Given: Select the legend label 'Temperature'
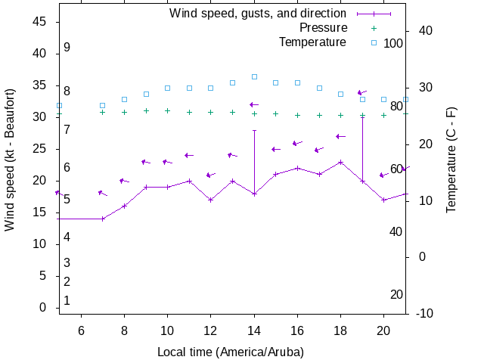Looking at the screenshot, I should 312,42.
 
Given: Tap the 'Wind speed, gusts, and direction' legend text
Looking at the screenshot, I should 257,13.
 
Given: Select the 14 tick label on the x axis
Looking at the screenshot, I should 254,330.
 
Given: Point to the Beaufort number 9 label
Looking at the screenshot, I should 67,47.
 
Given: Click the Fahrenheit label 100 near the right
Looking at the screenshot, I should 393,43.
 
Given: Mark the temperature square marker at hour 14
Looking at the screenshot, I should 254,76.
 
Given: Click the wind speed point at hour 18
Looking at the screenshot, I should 341,162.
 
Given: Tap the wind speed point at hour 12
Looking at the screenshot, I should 211,200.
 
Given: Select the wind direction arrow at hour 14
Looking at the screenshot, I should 254,104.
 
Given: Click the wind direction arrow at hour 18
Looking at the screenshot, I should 340,136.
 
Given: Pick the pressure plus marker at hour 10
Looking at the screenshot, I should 168,110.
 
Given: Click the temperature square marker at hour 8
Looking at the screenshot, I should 125,99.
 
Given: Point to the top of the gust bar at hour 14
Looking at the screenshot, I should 254,130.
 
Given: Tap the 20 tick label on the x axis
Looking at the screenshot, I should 384,330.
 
